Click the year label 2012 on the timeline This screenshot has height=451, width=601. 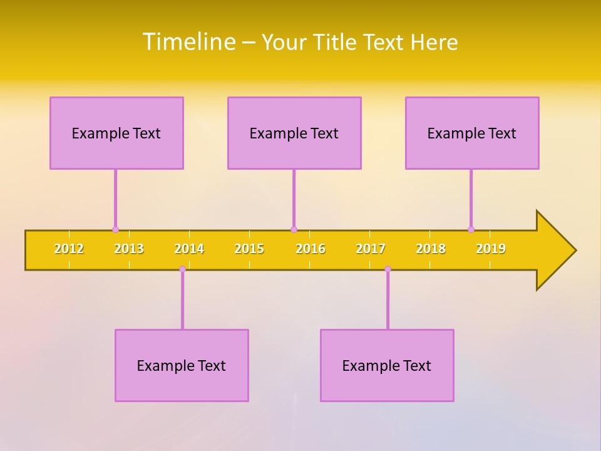coord(69,249)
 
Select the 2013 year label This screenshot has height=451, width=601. coord(129,249)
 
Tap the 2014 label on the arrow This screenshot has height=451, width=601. coord(189,249)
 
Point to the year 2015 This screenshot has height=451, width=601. coord(249,249)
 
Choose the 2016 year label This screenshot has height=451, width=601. coord(311,249)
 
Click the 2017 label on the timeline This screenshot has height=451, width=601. coord(371,249)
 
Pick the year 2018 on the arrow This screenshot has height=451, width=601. coord(431,249)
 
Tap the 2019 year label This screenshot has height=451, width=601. coord(491,249)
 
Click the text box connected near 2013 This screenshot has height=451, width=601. coord(116,133)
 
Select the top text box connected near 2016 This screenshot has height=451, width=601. coord(294,133)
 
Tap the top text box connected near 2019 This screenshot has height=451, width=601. coord(472,133)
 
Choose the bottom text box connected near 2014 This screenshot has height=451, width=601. coord(182,365)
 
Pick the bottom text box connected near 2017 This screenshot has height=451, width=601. coord(387,365)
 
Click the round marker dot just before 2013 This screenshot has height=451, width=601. coord(115,229)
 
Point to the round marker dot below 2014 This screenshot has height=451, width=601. coord(182,269)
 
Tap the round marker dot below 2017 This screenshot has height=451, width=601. coord(388,269)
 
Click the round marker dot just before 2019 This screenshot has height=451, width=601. coord(471,229)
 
